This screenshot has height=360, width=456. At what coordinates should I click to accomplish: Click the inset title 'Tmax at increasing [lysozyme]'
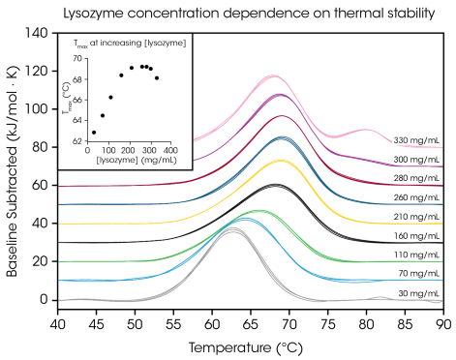click(130, 43)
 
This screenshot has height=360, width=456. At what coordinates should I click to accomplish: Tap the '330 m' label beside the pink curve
click(405, 140)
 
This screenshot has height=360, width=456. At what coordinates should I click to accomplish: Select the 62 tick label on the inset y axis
click(77, 140)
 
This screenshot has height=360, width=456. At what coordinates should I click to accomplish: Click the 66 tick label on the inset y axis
click(77, 100)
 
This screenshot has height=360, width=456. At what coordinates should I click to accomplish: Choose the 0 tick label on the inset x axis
click(87, 150)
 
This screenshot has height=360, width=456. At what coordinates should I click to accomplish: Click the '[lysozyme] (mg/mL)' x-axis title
click(129, 160)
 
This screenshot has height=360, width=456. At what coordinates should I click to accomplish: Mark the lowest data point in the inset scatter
click(94, 133)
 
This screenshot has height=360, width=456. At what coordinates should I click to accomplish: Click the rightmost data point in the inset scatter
click(157, 77)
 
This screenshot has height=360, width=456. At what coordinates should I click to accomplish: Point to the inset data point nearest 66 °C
click(110, 97)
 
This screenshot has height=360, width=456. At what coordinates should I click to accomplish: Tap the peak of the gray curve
click(233, 229)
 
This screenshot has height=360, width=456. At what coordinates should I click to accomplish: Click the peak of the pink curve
click(274, 75)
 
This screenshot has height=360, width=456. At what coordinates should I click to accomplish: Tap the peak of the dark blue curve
click(282, 137)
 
